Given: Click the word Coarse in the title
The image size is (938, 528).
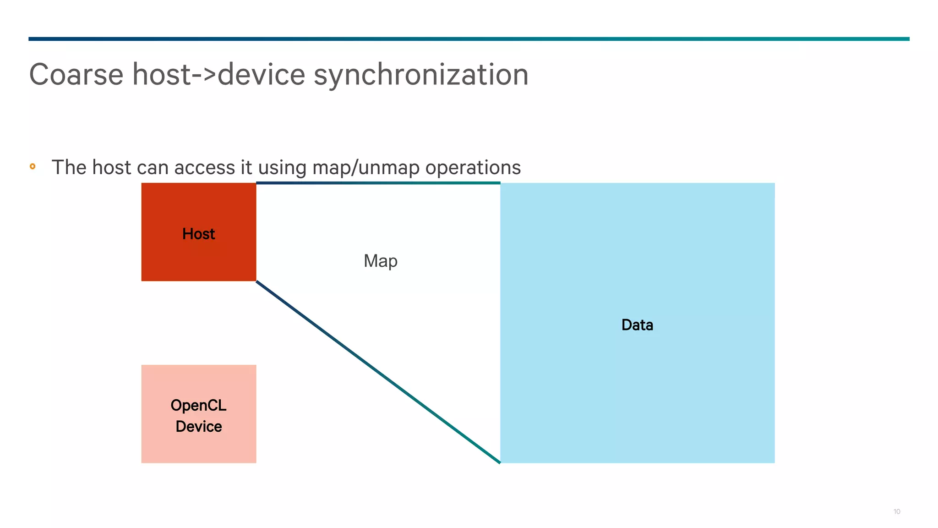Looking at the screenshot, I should click(76, 74).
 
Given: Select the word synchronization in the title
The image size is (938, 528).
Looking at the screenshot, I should click(421, 74).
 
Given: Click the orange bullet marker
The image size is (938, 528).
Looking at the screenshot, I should click(33, 166).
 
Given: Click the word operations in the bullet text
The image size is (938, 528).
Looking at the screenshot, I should click(473, 168).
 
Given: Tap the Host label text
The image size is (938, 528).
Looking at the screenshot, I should click(198, 234).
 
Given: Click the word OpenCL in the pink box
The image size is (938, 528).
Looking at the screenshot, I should click(198, 406).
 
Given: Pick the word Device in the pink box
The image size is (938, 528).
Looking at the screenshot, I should click(198, 427).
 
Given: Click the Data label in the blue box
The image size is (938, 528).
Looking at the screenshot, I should click(637, 325).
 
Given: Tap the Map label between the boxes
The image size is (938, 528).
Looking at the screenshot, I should click(380, 261).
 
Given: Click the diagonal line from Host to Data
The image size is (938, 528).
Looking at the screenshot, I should click(378, 372).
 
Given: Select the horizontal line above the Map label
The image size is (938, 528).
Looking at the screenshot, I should click(378, 183).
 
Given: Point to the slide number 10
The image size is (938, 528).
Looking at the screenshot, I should click(896, 511).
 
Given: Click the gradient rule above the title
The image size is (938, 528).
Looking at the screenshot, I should click(469, 39).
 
